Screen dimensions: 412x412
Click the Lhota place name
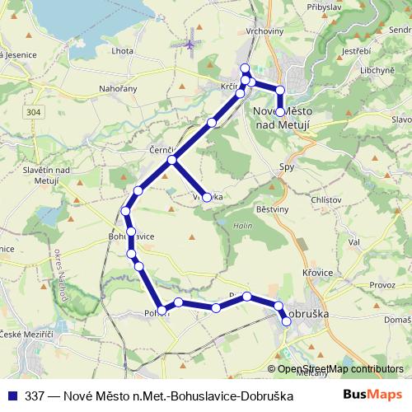click(x=123, y=51)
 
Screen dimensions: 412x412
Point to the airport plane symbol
click(x=193, y=39)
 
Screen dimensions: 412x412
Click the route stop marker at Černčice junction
click(x=172, y=160)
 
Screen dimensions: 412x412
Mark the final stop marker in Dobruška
click(x=287, y=322)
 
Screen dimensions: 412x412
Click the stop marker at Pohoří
click(x=162, y=311)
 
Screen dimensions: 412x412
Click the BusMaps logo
click(x=373, y=395)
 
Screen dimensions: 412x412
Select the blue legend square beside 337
click(x=12, y=396)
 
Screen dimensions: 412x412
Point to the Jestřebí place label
click(x=356, y=51)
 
